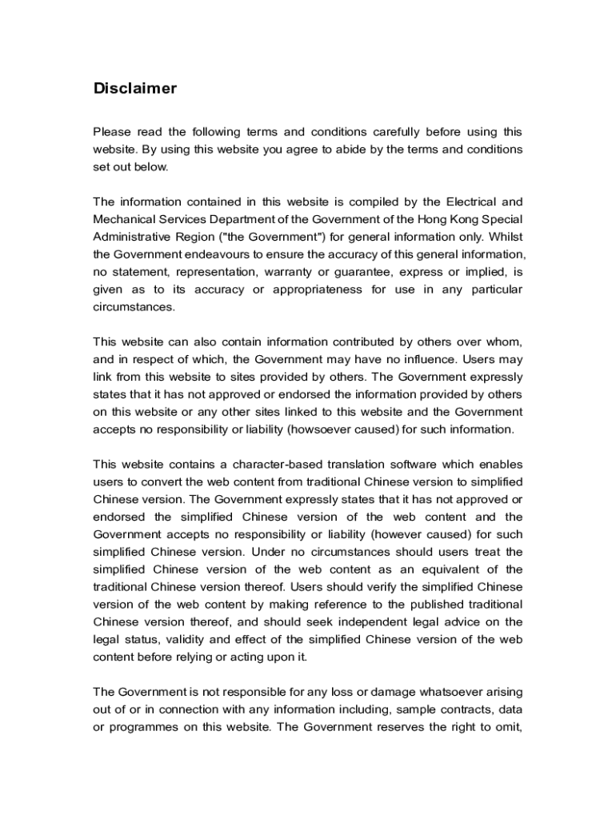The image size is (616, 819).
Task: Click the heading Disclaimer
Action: pyautogui.click(x=134, y=89)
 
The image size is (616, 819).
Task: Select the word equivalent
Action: pyautogui.click(x=466, y=569)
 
